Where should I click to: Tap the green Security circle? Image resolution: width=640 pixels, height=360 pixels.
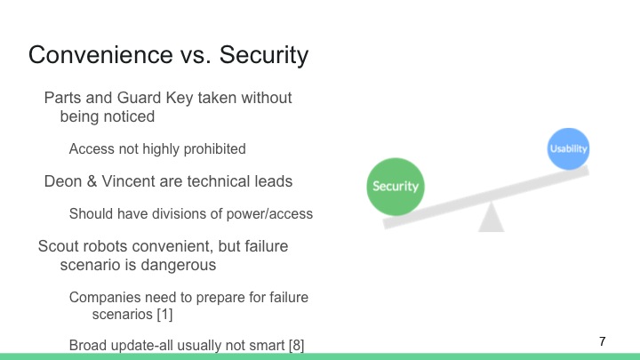pos(396,187)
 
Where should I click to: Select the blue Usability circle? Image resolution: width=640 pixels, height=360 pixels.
pos(568,148)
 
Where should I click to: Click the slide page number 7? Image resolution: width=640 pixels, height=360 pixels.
pos(603,341)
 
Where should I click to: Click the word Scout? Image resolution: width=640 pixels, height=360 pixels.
pos(59,245)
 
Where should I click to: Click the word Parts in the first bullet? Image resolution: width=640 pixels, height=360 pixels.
pos(63,97)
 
